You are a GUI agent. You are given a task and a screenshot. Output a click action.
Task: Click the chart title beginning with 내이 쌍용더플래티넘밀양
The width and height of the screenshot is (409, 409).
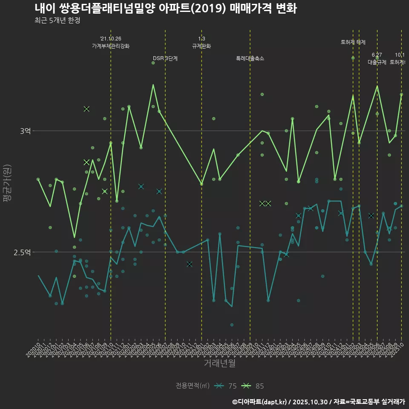(165, 9)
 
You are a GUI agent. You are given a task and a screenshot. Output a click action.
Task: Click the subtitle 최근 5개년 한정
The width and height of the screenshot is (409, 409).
(57, 20)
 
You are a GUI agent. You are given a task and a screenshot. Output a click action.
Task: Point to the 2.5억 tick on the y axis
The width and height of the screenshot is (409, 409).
(22, 252)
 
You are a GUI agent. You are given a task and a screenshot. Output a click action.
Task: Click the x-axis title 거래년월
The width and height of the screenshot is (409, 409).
(219, 363)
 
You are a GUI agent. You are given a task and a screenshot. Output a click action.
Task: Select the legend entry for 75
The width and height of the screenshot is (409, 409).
(226, 386)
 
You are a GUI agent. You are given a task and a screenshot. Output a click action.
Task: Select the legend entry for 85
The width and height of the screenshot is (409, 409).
(253, 386)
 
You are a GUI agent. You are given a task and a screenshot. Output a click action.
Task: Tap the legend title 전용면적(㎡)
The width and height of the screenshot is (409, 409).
(193, 386)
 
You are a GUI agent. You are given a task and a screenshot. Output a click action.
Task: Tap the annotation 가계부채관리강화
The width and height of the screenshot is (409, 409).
(111, 46)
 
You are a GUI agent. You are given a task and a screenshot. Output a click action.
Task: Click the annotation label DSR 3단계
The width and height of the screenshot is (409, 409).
(165, 58)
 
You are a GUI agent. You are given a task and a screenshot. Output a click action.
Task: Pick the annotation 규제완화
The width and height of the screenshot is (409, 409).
(202, 46)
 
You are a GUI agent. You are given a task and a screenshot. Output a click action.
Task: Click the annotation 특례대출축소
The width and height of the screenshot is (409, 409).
(250, 58)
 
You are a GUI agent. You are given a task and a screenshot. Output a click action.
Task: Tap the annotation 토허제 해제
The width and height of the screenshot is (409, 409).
(353, 42)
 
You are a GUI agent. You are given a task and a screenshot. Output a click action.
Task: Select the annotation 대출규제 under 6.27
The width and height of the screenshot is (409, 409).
(377, 62)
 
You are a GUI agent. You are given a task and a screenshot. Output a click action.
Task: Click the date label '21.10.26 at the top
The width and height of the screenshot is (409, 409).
(111, 39)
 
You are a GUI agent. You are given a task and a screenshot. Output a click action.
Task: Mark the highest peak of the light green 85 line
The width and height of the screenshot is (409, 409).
(153, 84)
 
